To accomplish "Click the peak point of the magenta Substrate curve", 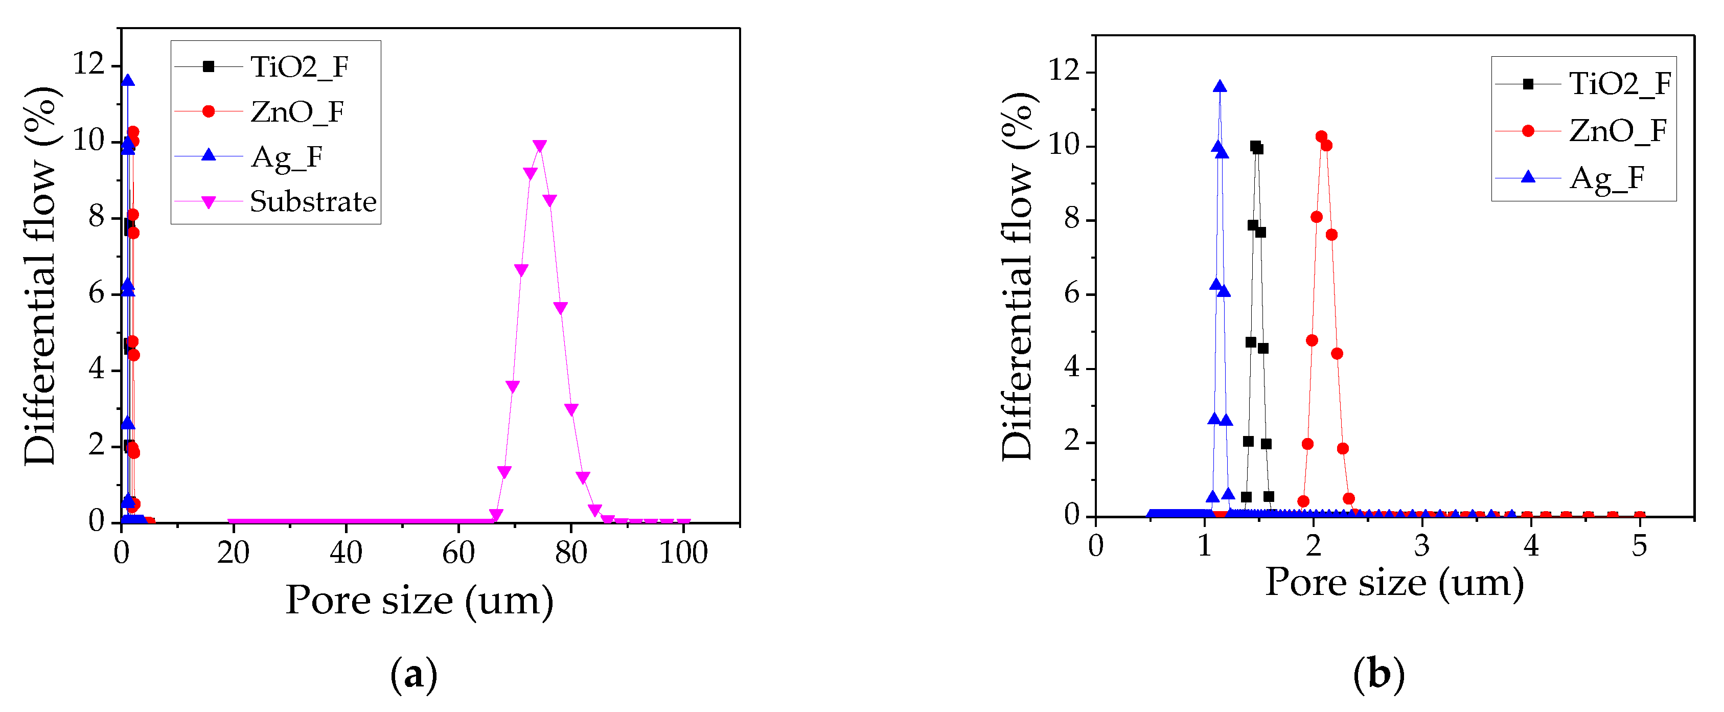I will (539, 146).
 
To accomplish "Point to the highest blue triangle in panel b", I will (1220, 86).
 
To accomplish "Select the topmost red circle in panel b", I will (1321, 136).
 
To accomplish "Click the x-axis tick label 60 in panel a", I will (458, 553).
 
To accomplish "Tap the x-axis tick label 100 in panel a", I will (683, 553).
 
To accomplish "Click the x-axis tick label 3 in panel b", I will (1422, 546).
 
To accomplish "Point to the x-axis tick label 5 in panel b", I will (1639, 546).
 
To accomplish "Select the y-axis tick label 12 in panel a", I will (89, 64).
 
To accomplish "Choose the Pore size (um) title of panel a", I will (420, 600).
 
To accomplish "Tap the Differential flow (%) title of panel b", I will (1018, 275).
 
